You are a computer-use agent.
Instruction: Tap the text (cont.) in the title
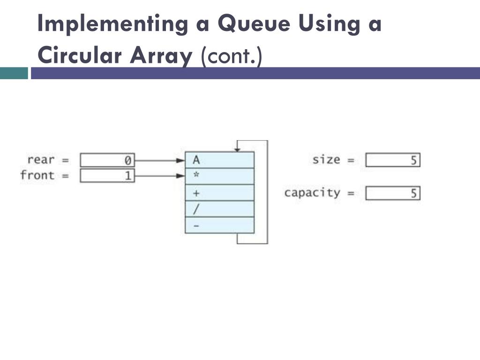click(232, 56)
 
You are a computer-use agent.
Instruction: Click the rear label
click(41, 160)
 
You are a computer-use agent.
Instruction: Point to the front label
click(37, 175)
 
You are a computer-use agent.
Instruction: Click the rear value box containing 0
click(107, 160)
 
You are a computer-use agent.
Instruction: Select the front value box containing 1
click(107, 176)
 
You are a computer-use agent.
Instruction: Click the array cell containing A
click(219, 160)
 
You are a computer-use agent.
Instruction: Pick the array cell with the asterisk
click(219, 176)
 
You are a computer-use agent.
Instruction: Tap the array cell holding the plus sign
click(219, 193)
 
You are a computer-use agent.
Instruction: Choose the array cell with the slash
click(219, 209)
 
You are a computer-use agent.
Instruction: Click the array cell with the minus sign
click(219, 225)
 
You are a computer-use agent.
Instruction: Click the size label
click(326, 159)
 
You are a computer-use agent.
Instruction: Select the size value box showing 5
click(393, 160)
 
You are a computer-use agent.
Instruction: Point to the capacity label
click(312, 193)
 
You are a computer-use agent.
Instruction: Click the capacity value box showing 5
click(393, 193)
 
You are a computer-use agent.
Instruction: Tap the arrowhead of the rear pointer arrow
click(181, 160)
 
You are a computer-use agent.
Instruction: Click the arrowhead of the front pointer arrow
click(181, 176)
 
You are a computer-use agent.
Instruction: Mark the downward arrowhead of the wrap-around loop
click(237, 150)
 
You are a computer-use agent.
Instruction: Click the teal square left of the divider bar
click(14, 73)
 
